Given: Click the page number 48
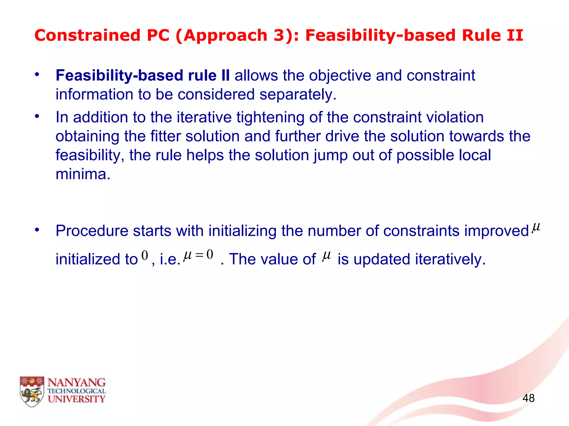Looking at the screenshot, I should (x=528, y=398).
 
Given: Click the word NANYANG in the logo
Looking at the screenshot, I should (x=77, y=383).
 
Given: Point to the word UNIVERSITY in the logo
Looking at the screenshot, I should (x=77, y=399).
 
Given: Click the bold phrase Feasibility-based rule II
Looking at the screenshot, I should (x=143, y=75).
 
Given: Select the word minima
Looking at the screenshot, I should (x=83, y=174).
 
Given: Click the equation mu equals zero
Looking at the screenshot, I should (x=198, y=255).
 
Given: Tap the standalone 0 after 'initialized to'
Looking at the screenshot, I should (x=144, y=255).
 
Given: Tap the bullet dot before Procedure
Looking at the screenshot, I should (x=37, y=230).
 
